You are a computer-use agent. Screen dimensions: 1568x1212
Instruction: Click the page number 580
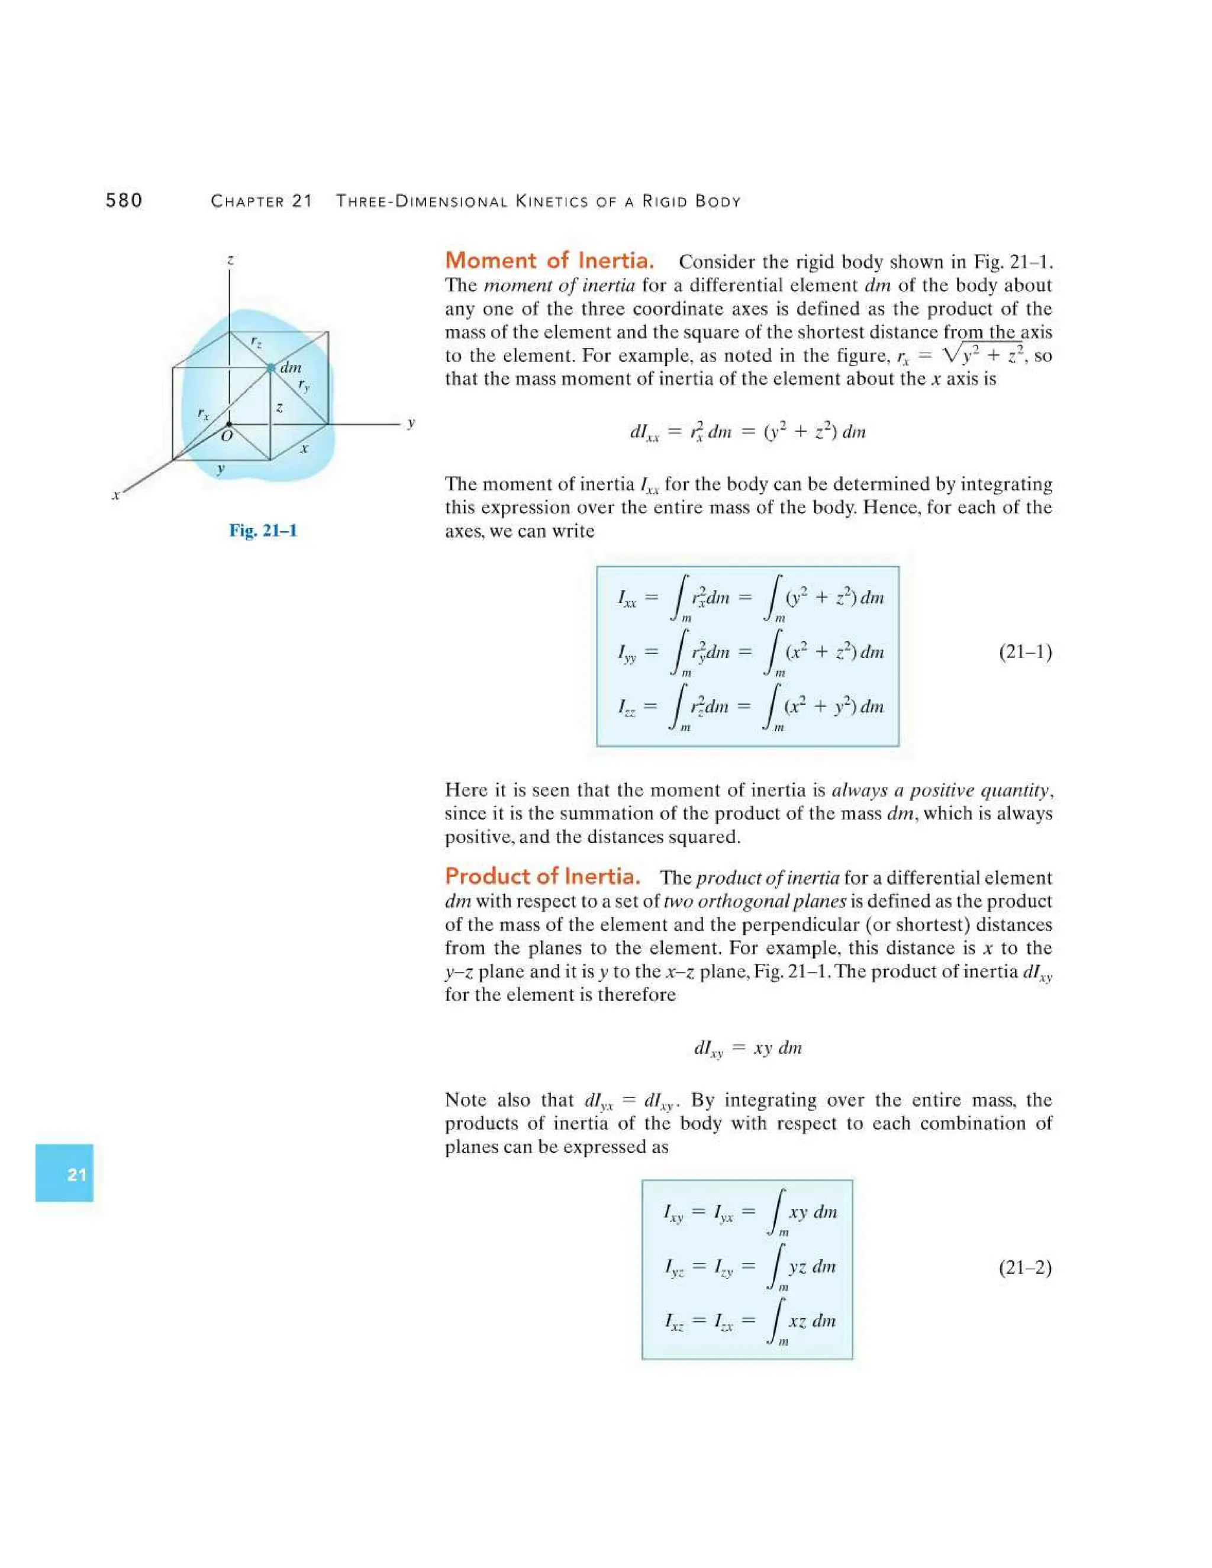pyautogui.click(x=124, y=201)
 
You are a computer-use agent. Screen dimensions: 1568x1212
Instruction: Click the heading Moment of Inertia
pyautogui.click(x=549, y=260)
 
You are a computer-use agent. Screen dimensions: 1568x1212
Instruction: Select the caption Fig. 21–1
pyautogui.click(x=263, y=531)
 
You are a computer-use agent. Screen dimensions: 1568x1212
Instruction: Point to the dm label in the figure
pyautogui.click(x=291, y=367)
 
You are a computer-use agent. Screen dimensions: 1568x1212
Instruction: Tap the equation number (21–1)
pyautogui.click(x=1026, y=652)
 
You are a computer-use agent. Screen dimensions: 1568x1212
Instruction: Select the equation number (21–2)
pyautogui.click(x=1026, y=1267)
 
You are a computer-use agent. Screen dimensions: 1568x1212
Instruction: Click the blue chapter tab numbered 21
pyautogui.click(x=65, y=1174)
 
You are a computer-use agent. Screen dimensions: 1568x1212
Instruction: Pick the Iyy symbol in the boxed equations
pyautogui.click(x=627, y=653)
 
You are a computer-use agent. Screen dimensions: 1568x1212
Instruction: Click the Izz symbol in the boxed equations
pyautogui.click(x=627, y=708)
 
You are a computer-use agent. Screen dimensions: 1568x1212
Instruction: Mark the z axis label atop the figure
pyautogui.click(x=230, y=260)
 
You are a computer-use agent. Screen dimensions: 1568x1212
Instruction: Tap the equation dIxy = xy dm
pyautogui.click(x=747, y=1048)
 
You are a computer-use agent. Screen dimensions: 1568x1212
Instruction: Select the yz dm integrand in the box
pyautogui.click(x=812, y=1266)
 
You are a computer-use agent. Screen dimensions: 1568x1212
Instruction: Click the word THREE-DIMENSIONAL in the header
pyautogui.click(x=424, y=202)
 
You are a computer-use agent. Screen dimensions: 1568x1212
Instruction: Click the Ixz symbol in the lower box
pyautogui.click(x=674, y=1321)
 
